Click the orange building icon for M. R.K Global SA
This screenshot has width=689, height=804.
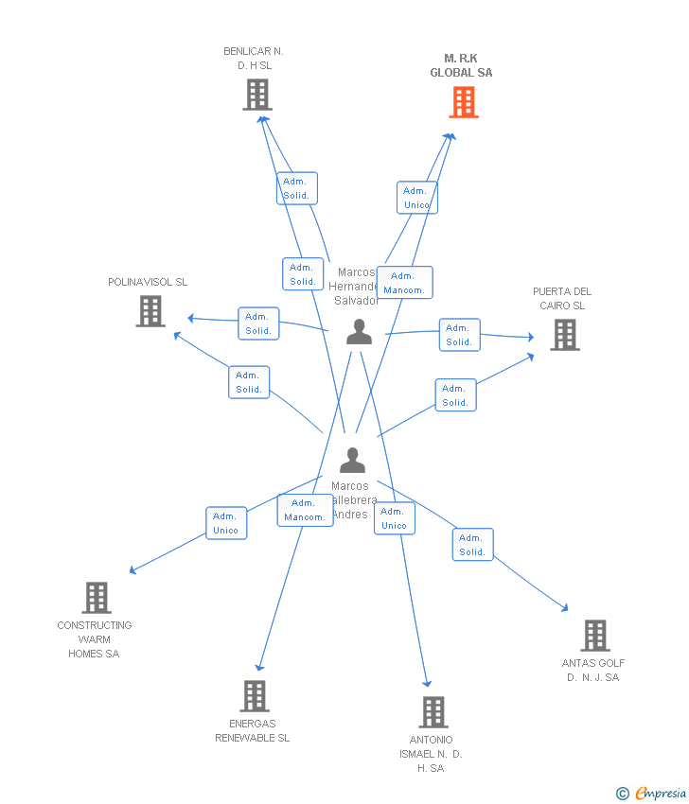(463, 102)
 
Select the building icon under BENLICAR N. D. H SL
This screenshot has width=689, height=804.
(257, 95)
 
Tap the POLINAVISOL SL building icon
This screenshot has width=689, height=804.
(150, 311)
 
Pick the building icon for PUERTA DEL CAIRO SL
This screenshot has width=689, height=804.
(564, 335)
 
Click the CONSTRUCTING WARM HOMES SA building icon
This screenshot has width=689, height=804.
(96, 598)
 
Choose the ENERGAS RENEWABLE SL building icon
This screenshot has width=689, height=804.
(254, 696)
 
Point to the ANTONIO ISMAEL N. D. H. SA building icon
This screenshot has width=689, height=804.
(433, 712)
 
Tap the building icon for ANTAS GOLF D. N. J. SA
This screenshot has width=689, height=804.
(594, 636)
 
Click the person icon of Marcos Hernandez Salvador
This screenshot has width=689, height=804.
(359, 332)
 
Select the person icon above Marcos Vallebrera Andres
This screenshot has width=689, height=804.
(352, 461)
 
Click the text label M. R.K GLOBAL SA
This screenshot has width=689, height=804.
(461, 65)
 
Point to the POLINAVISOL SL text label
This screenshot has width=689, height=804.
(148, 282)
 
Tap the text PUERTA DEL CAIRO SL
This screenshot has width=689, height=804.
(562, 299)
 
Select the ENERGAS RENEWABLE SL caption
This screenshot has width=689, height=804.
(252, 731)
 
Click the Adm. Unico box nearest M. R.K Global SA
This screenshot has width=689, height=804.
(416, 198)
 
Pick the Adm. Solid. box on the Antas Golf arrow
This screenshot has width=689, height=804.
(472, 545)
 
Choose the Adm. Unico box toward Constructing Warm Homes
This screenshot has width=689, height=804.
(226, 523)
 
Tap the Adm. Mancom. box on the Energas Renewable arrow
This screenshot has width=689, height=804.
(305, 510)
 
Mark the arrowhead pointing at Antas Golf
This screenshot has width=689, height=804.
(566, 610)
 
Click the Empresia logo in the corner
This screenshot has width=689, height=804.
(652, 794)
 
